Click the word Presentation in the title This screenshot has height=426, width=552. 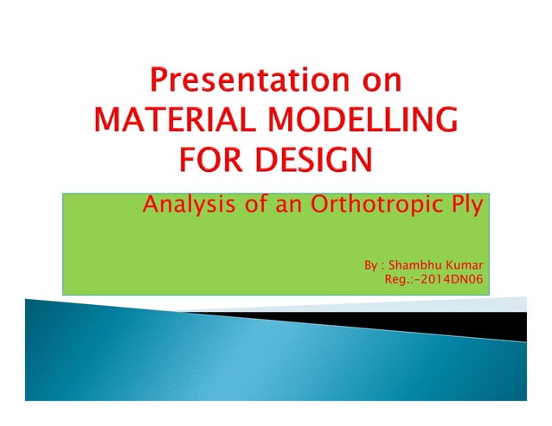tap(244, 84)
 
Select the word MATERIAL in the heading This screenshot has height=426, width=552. tap(173, 122)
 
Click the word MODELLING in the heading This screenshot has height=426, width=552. tap(364, 122)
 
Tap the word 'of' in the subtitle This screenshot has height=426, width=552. tap(249, 207)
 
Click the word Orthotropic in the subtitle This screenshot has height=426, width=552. tap(374, 207)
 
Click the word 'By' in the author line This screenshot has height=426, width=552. tap(370, 264)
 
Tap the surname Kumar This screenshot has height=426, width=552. tap(463, 264)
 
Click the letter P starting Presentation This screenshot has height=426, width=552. tap(159, 84)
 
